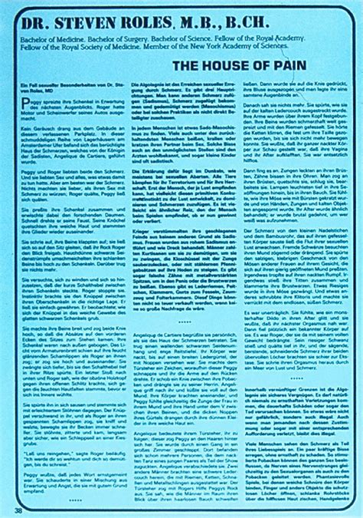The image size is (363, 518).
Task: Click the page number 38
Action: (18, 509)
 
